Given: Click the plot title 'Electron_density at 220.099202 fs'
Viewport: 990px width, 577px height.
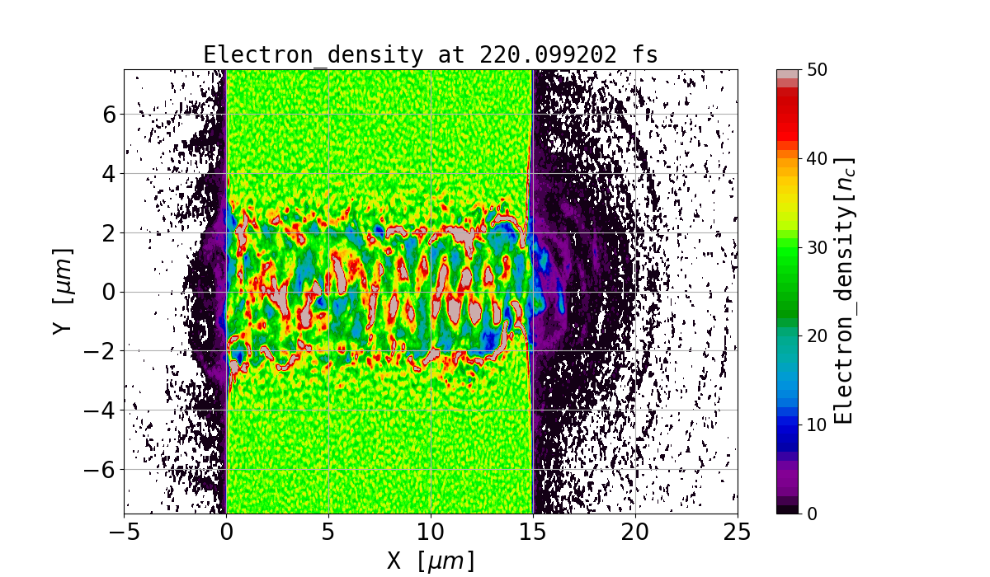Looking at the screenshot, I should (431, 55).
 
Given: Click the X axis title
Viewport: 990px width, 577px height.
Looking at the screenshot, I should (431, 561).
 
